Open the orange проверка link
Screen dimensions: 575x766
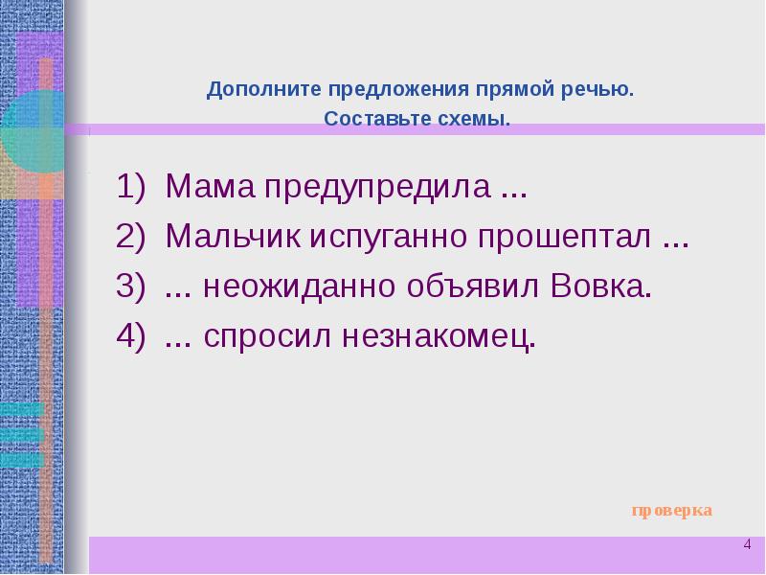tap(671, 510)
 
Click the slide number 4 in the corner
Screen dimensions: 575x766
tap(747, 544)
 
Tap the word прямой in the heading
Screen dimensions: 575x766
tap(508, 91)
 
